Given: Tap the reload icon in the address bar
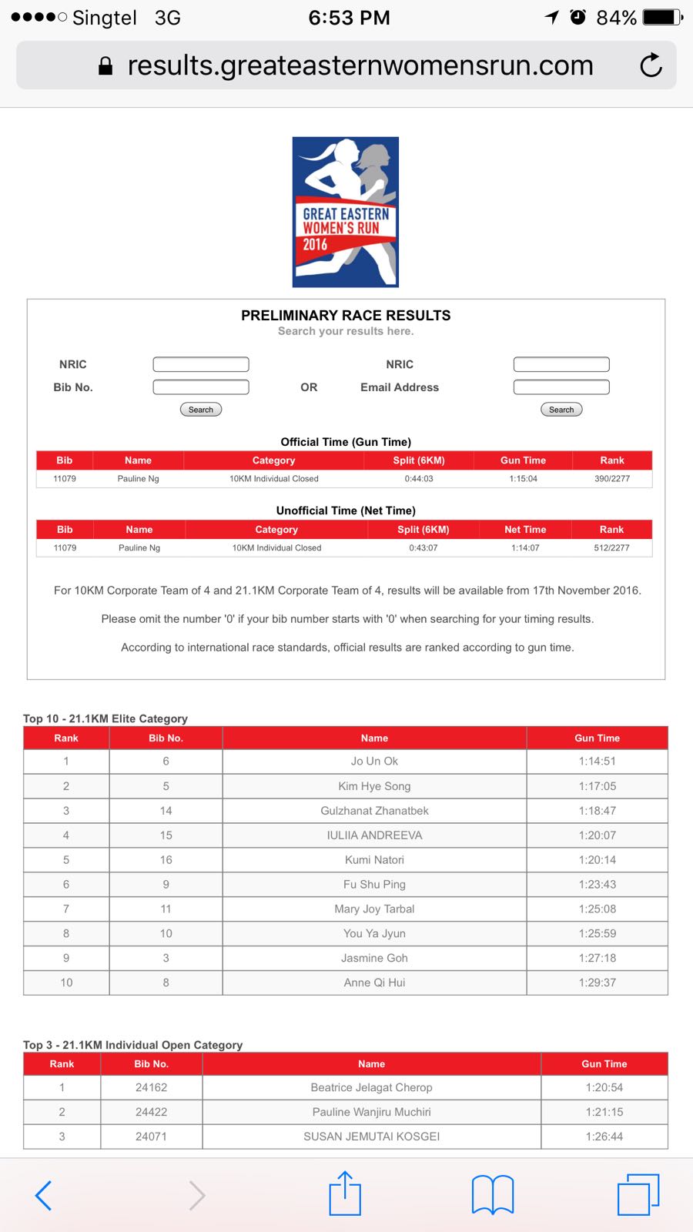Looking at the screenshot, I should click(651, 65).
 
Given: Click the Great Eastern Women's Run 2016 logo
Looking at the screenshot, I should click(346, 212).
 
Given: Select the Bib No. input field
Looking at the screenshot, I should click(201, 387).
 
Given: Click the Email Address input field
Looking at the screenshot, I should click(561, 387).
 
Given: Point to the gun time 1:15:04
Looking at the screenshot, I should click(523, 479).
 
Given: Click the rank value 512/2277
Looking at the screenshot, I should click(611, 548).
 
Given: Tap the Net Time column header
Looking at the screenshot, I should click(525, 530).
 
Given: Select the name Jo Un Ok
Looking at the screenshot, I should click(374, 762).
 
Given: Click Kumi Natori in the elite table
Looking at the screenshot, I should click(374, 860).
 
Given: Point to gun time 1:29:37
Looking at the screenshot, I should click(598, 983).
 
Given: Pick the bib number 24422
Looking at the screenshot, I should click(151, 1112).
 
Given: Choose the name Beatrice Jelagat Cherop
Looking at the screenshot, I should click(371, 1087).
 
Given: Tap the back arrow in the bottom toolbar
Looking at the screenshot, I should click(44, 1195).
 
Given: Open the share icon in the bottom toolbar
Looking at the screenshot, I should click(345, 1194).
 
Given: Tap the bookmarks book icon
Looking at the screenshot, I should click(493, 1195).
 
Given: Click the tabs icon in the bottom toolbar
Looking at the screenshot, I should click(638, 1195).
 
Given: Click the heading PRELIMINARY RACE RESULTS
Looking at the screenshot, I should click(346, 316).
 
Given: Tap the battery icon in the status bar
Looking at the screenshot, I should click(662, 17).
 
